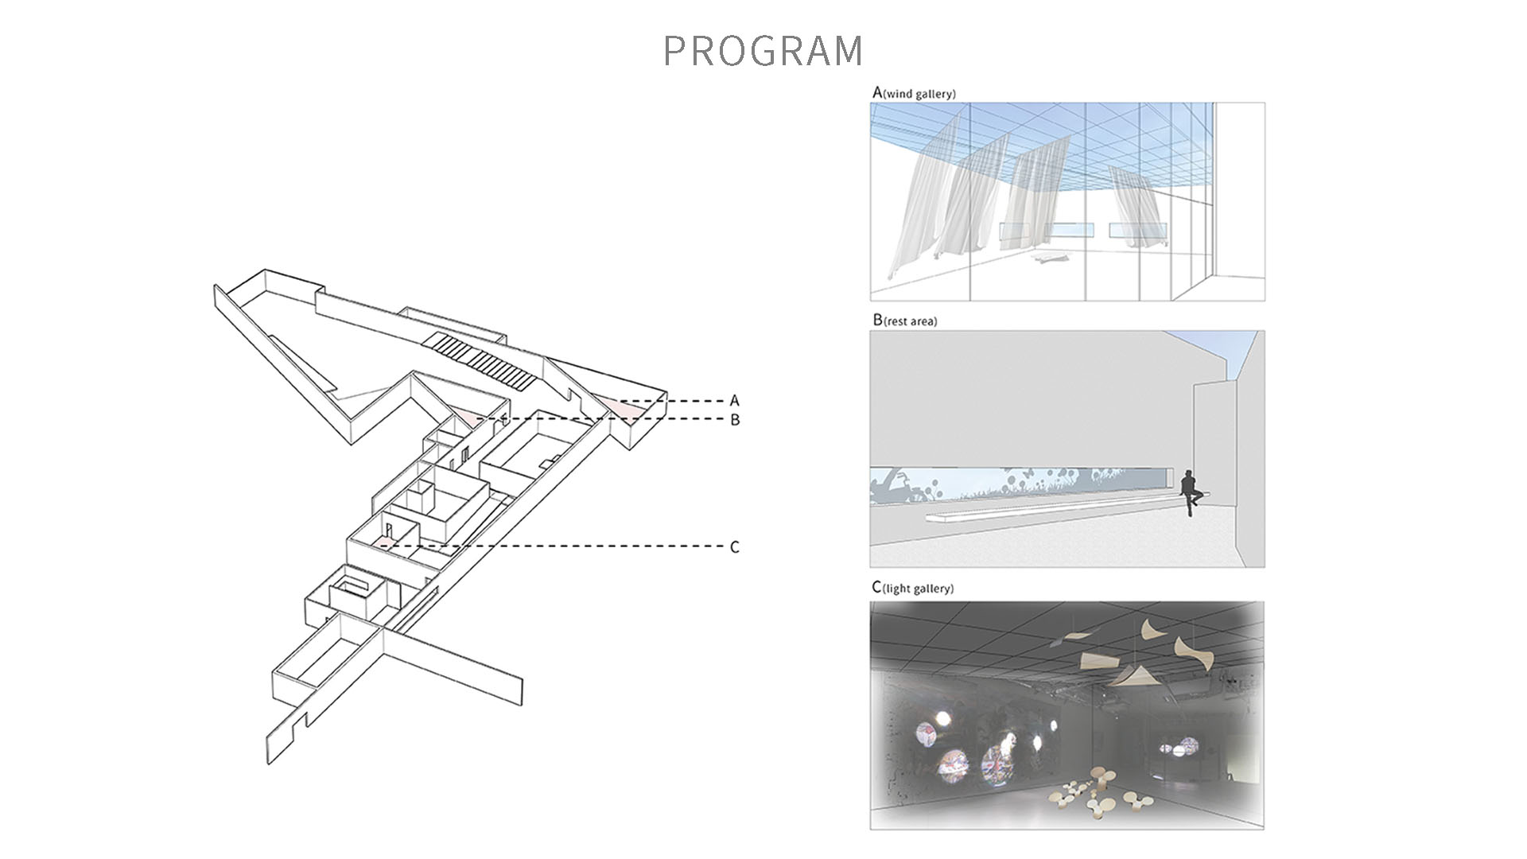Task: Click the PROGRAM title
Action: pos(763,50)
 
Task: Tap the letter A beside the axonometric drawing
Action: pos(734,401)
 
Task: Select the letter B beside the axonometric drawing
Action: pos(735,419)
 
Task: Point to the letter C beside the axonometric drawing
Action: pos(734,547)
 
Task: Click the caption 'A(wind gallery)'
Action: pos(914,93)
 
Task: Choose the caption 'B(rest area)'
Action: pos(905,321)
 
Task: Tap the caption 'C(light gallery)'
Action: pos(912,588)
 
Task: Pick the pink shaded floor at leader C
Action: pos(384,542)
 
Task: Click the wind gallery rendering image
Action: pos(1067,201)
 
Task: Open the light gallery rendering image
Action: pos(1067,716)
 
